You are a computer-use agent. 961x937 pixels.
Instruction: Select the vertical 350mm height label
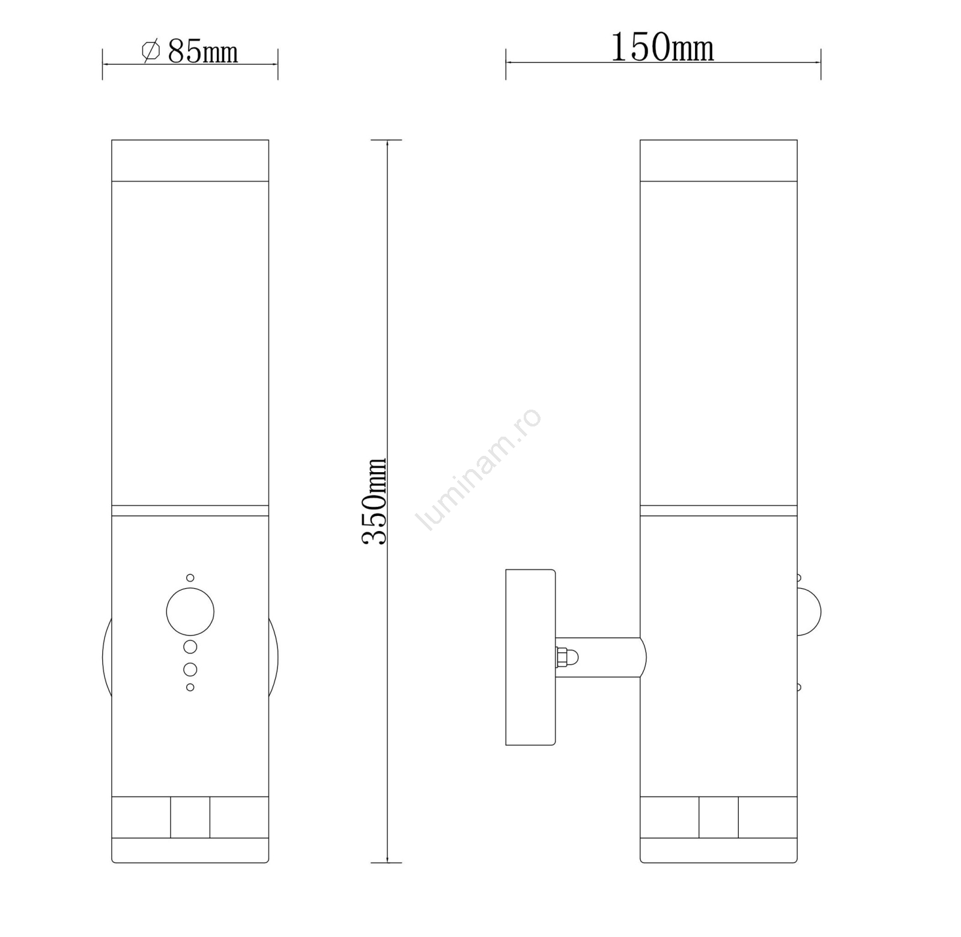374,501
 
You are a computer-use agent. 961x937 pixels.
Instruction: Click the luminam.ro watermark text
479,470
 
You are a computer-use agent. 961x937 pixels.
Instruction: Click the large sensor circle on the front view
190,612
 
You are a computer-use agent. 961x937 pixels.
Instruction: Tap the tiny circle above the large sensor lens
190,578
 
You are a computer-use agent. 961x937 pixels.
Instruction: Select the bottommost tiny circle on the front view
190,687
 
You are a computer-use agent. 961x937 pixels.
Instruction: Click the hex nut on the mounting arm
562,657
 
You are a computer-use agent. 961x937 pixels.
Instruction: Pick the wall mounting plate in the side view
530,657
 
